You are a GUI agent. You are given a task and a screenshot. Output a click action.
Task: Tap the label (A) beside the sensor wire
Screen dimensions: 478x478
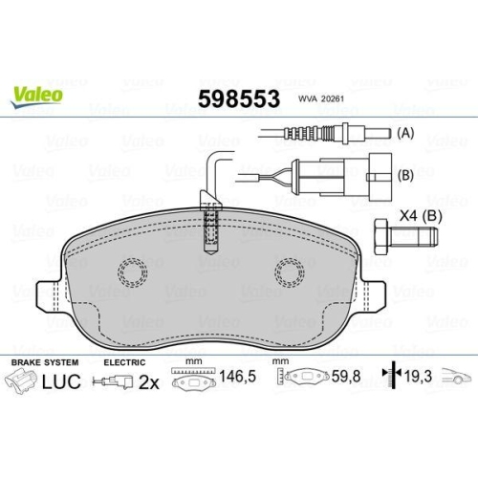[403, 135]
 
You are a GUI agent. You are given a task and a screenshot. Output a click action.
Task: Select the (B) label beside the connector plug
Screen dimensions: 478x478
[403, 177]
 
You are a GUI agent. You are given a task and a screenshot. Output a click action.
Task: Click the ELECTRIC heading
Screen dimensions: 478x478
[123, 362]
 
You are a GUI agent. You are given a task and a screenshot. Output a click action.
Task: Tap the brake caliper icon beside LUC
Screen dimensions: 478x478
[21, 383]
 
